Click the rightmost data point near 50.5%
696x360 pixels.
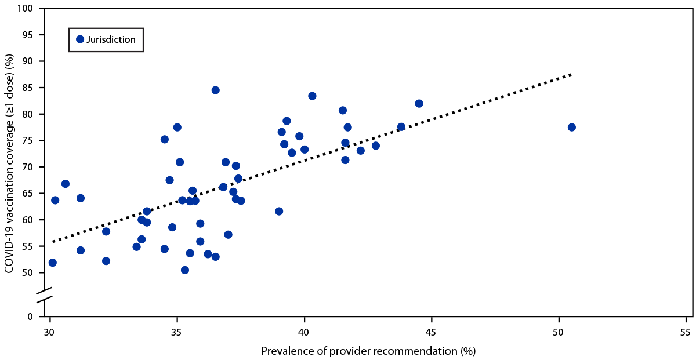571,127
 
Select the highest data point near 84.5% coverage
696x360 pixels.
215,90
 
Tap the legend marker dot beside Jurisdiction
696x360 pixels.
81,39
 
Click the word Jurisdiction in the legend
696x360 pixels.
111,39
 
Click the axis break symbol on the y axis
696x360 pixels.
46,294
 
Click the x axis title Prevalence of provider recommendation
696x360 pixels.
368,351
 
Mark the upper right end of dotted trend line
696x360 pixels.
572,74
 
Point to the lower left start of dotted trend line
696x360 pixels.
53,241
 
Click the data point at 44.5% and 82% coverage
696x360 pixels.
419,103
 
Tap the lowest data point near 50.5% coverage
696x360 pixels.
184,270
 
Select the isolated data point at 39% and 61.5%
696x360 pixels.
279,211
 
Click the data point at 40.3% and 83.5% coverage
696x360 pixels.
312,96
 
